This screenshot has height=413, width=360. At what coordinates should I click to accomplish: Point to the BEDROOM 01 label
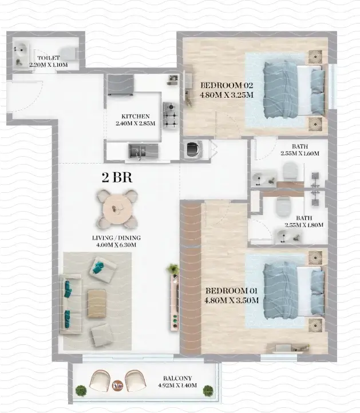(x=232, y=290)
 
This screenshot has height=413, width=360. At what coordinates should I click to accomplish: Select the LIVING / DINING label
(x=117, y=237)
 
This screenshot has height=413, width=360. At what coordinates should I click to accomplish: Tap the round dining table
(x=117, y=208)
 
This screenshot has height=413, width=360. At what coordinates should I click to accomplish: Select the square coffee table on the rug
(x=97, y=303)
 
